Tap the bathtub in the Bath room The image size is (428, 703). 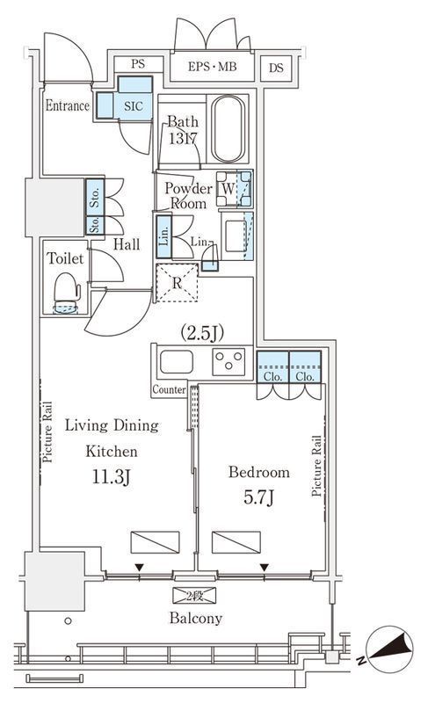(229, 128)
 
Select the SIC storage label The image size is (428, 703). (134, 105)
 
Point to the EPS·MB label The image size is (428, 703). (212, 67)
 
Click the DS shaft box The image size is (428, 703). (276, 69)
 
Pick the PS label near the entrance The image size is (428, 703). (138, 64)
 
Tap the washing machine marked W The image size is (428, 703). (234, 188)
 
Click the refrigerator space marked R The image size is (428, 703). (177, 283)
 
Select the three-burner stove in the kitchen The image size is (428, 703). (229, 361)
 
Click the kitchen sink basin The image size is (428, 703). (177, 362)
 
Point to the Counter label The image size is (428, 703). (169, 389)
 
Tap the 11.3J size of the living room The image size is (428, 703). (111, 477)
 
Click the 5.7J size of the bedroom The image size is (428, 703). (258, 497)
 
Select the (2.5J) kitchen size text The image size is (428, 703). (202, 333)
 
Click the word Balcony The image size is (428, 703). (196, 619)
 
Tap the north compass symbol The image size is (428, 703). (388, 649)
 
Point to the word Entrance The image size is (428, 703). (67, 105)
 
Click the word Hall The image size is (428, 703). (127, 244)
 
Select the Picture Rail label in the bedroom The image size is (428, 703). (316, 466)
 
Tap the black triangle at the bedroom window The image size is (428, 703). (265, 568)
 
